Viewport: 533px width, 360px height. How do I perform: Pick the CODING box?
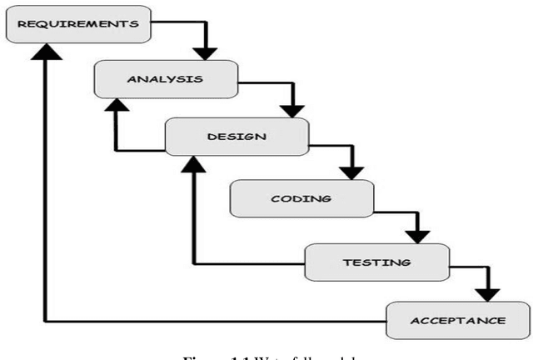tap(301, 199)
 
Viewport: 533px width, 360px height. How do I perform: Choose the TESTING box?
tap(376, 262)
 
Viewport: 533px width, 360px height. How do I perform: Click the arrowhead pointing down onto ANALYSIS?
tap(205, 52)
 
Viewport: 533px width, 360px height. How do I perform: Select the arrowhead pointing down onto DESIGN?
tap(292, 108)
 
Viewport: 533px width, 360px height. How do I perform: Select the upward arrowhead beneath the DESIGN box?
tap(193, 164)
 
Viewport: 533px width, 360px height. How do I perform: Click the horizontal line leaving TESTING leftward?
tap(250, 263)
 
